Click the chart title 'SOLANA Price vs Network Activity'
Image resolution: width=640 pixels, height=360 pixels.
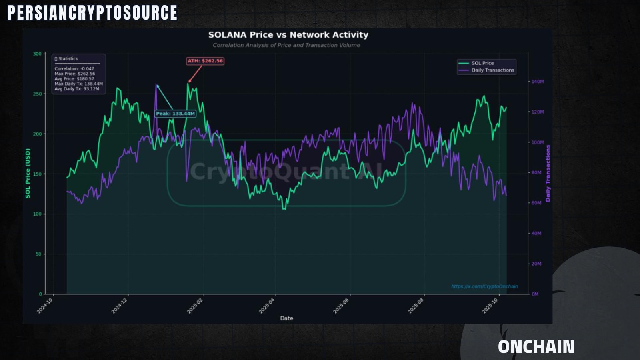coord(288,35)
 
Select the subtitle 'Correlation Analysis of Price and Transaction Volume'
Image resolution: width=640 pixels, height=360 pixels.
coord(286,45)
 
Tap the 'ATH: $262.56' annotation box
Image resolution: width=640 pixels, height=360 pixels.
coord(205,61)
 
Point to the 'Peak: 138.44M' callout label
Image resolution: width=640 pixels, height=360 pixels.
coord(176,114)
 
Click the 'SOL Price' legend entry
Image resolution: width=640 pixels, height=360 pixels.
coord(482,63)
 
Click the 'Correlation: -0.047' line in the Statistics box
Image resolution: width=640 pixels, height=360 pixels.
coord(74,68)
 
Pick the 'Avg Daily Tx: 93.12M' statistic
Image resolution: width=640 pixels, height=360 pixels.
coord(77,89)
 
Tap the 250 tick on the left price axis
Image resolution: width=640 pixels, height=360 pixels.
coord(38,94)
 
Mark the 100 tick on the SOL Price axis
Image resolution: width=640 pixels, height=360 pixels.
coord(38,214)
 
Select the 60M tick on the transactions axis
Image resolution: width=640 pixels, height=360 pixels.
coord(536,203)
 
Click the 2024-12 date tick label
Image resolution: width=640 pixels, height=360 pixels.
coord(119,306)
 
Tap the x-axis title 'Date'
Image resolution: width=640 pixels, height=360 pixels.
coord(286,318)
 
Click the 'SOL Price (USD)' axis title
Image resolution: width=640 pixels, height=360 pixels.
coord(28,173)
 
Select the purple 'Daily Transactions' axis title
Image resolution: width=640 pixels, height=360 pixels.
coord(548,174)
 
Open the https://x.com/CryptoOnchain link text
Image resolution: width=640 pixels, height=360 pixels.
coord(484,286)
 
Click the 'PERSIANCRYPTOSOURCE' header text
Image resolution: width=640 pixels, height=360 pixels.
coord(92,12)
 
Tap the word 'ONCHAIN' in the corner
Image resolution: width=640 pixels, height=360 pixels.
coord(536,347)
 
